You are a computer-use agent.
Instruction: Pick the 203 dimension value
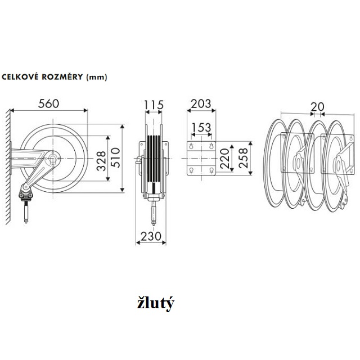(201, 103)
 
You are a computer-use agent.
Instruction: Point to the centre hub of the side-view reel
(53, 160)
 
